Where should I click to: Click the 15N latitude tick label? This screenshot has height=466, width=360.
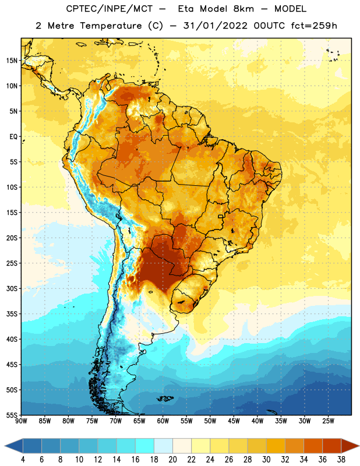pos(12,61)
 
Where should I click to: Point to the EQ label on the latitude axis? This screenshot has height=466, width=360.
pos(13,137)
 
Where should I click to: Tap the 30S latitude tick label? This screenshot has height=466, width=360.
pos(12,288)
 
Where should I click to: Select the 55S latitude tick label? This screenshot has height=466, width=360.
pos(12,415)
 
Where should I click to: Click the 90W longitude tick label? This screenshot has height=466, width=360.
pos(21,421)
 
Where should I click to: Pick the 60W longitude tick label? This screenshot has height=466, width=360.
pos(163,421)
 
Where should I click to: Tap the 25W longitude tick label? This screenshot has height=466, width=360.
pos(328,421)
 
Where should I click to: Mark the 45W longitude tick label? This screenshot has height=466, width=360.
pos(234,421)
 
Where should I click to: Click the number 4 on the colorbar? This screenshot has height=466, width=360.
pos(23,460)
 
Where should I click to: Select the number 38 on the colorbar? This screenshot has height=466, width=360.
pos(341,460)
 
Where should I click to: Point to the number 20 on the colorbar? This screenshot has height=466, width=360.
pos(172,460)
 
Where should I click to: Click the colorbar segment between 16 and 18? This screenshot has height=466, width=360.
pos(145,446)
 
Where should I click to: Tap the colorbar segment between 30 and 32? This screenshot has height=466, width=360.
pos(276,446)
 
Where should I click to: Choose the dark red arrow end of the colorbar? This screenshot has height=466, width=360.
pos(350,446)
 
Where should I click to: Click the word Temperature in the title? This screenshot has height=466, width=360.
pos(111,26)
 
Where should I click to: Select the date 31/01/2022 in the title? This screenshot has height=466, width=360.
pos(215,26)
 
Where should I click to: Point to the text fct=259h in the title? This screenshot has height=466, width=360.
pos(314,26)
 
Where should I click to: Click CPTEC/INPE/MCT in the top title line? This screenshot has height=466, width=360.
pos(109,9)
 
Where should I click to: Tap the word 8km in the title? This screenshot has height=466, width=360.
pos(243,9)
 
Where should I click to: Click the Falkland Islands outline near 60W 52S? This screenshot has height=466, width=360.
pos(165,398)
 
